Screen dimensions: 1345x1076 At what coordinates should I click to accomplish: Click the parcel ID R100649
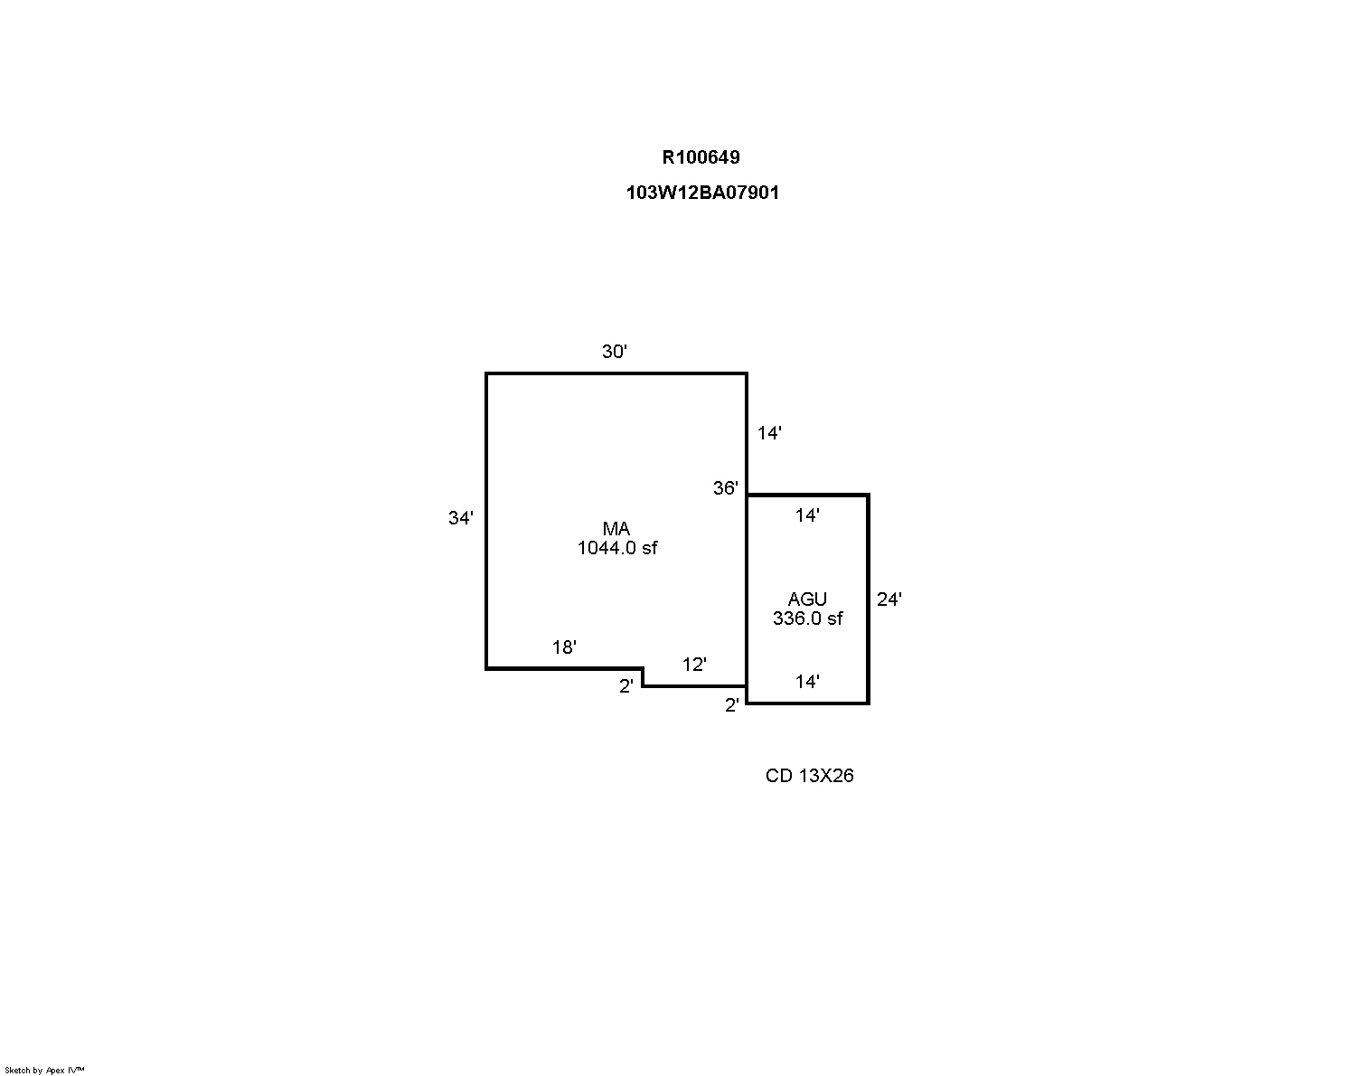pos(701,157)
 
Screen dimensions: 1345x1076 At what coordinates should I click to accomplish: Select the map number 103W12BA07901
pos(702,193)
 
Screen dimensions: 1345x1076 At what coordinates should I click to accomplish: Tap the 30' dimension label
pos(615,352)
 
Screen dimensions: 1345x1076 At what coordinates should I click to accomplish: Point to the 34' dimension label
pos(461,518)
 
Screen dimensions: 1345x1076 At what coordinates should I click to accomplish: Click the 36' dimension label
pos(726,487)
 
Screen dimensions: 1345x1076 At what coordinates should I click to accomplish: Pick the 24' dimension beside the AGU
pos(889,599)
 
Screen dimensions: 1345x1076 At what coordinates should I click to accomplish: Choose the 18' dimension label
pos(564,647)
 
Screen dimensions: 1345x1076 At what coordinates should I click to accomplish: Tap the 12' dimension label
pos(694,665)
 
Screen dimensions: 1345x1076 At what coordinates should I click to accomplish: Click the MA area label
pos(616,529)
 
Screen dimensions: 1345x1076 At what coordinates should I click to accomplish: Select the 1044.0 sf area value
pos(617,548)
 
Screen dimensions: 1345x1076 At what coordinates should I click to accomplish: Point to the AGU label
pos(807,599)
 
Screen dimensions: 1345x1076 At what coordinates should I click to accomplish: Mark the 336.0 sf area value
pos(807,618)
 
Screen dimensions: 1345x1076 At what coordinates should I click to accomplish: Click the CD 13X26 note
pos(809,776)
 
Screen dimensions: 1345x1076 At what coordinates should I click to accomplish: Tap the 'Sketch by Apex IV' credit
pos(44,1071)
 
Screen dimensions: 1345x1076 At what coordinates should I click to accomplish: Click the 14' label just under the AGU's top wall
pos(807,515)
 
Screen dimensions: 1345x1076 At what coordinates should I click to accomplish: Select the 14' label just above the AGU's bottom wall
pos(807,682)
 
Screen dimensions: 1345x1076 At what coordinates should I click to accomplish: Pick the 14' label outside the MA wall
pos(769,432)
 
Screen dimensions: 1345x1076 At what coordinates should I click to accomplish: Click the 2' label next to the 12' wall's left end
pos(626,686)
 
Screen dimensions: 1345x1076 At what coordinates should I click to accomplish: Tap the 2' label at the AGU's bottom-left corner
pos(732,705)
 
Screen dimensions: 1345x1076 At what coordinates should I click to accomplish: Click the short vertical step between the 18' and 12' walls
pos(644,678)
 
